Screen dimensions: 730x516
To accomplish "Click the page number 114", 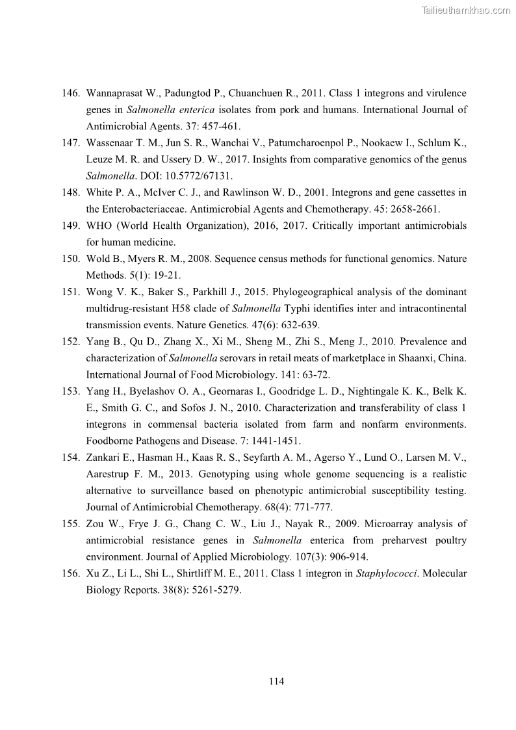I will coord(276,681).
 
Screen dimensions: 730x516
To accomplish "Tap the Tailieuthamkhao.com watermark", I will coord(466,10).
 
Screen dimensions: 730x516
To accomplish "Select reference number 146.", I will coord(71,94).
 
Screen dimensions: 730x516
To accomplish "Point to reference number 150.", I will coord(71,259).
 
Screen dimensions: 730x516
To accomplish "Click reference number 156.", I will coord(71,573).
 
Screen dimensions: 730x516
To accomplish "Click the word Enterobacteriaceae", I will coord(143,209).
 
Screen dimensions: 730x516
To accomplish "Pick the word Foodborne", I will coord(110,441).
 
